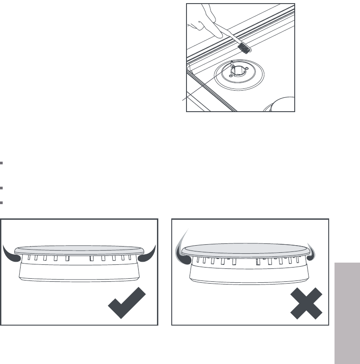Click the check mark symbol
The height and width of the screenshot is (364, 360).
(x=127, y=303)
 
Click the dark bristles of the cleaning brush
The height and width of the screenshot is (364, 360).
(x=243, y=46)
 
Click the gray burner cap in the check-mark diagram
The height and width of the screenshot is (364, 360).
(x=80, y=251)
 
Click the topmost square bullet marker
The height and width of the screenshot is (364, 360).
(x=2, y=163)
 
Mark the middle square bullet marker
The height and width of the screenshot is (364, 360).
(x=2, y=188)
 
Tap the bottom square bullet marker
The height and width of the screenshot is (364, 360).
(x=2, y=202)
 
